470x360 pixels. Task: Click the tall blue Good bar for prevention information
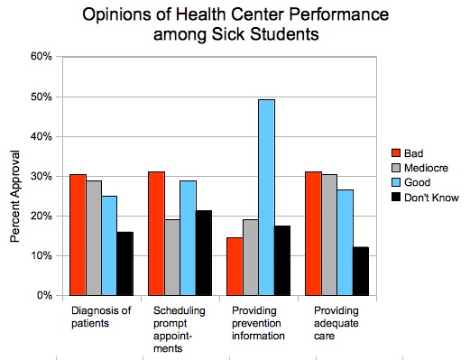point(266,198)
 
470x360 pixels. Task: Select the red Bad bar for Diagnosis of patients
point(78,235)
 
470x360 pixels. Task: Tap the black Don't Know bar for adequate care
point(361,272)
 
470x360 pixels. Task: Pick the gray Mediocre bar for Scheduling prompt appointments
point(172,257)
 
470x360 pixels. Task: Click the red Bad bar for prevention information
point(235,266)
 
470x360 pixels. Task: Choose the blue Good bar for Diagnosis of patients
point(109,245)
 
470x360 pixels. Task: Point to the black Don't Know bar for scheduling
point(204,253)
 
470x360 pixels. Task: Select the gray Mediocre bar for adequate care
point(329,235)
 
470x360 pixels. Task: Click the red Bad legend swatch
point(396,152)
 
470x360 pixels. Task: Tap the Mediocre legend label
point(426,168)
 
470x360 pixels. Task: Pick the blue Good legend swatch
point(396,182)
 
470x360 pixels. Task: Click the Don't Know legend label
point(431,198)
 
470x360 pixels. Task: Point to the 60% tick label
point(41,56)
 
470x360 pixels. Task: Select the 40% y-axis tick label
point(41,136)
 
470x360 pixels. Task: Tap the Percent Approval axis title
point(14,197)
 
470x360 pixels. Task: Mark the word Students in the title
point(284,34)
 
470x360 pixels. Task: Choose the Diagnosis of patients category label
point(101,317)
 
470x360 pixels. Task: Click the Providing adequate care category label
point(336,323)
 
